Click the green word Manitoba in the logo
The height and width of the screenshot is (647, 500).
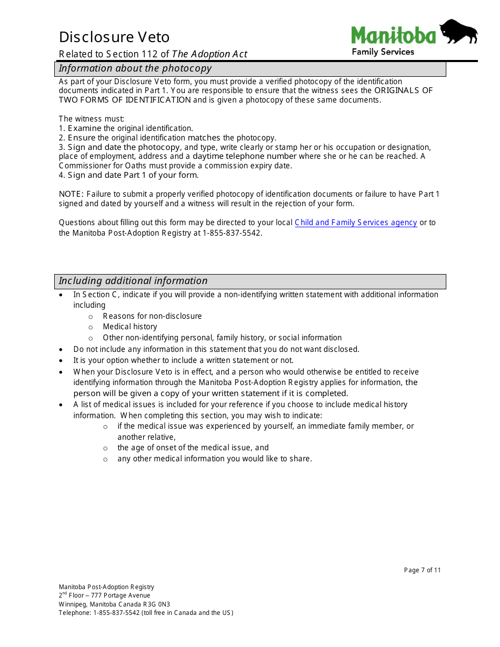click(x=394, y=36)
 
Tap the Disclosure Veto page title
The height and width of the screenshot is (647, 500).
click(x=114, y=37)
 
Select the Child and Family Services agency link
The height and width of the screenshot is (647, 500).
click(x=356, y=223)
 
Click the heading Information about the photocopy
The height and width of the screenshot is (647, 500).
click(x=135, y=68)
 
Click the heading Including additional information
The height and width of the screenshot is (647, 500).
click(x=133, y=281)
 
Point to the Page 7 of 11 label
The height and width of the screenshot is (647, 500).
click(x=422, y=570)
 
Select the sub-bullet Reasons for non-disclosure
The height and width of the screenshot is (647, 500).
click(x=152, y=316)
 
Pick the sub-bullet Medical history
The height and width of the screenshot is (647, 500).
click(x=129, y=327)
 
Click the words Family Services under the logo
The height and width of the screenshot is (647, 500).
click(x=383, y=52)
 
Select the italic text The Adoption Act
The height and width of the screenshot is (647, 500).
click(x=209, y=54)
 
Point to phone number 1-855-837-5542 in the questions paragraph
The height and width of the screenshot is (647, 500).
click(x=231, y=233)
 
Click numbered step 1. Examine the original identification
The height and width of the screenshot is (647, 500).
click(x=126, y=128)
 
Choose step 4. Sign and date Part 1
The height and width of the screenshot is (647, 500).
click(x=128, y=175)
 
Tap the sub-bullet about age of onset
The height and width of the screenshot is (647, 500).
click(x=193, y=448)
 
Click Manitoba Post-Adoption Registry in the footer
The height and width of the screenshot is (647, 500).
click(x=106, y=587)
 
